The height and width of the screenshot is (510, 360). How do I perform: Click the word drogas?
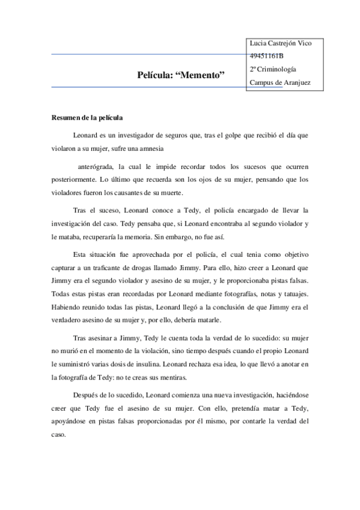coord(148,268)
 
